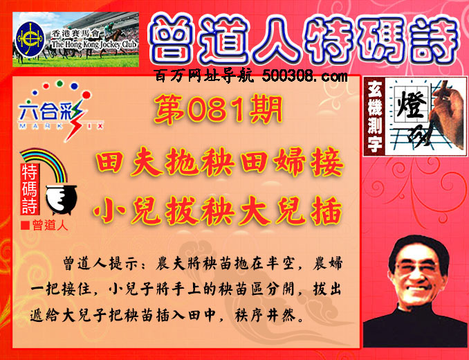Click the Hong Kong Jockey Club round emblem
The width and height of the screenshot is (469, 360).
pyautogui.click(x=30, y=39)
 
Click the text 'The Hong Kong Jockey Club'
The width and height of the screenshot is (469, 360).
pyautogui.click(x=93, y=44)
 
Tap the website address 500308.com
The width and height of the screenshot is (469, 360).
pyautogui.click(x=305, y=76)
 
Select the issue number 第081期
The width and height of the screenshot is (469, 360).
pyautogui.click(x=218, y=109)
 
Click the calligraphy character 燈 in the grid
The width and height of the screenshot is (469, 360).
pyautogui.click(x=411, y=105)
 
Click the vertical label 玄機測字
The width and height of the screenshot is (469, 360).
pyautogui.click(x=375, y=116)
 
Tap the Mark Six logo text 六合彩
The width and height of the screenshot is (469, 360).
pyautogui.click(x=50, y=112)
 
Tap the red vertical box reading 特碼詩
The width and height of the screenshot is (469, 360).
pyautogui.click(x=29, y=188)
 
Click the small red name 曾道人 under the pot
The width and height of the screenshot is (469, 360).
pyautogui.click(x=50, y=225)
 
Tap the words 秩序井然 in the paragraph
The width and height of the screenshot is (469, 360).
pyautogui.click(x=265, y=315)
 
